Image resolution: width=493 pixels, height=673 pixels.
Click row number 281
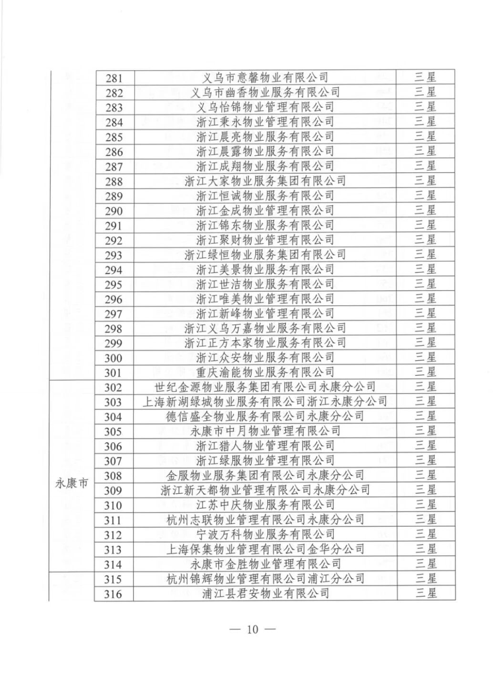click(114, 78)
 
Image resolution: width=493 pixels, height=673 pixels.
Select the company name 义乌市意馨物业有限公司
click(266, 77)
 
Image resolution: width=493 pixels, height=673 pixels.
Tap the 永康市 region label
click(71, 482)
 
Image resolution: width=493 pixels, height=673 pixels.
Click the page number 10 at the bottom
click(252, 629)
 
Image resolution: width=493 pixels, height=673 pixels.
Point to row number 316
click(114, 594)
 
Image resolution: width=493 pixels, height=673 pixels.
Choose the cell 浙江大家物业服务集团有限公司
click(266, 181)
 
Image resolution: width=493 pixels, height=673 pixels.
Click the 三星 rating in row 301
click(425, 372)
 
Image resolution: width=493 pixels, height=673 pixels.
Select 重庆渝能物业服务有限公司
click(266, 372)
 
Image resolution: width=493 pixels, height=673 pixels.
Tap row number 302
click(114, 387)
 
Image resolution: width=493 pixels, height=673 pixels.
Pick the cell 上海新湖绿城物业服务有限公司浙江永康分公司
click(266, 402)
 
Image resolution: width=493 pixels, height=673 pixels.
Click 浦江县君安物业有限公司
click(266, 594)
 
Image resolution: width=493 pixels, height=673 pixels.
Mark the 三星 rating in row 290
click(425, 210)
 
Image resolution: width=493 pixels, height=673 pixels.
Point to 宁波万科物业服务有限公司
click(266, 534)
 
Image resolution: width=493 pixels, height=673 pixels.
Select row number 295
click(114, 285)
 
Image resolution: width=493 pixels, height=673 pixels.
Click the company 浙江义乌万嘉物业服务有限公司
click(266, 328)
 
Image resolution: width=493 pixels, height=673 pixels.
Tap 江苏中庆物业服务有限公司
click(266, 505)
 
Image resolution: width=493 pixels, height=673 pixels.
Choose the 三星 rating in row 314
click(425, 564)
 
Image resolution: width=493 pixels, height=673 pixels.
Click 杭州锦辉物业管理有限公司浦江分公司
click(266, 579)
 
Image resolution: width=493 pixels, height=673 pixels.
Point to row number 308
click(114, 476)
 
